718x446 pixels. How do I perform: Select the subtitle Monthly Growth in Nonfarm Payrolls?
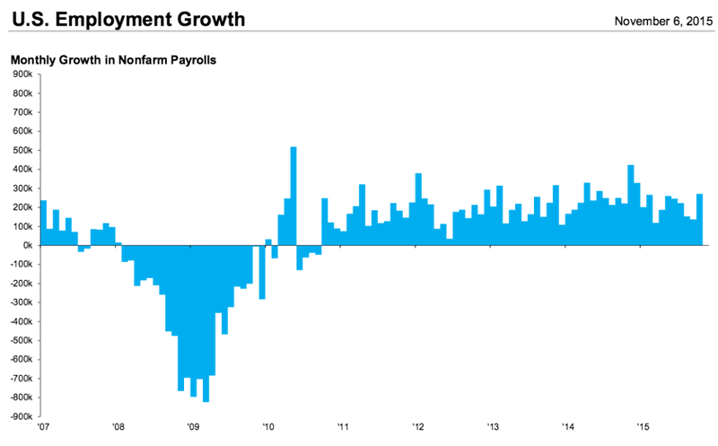point(115,60)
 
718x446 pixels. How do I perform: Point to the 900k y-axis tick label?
point(22,74)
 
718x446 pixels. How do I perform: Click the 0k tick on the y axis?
point(26,245)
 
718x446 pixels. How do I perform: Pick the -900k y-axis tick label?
point(20,416)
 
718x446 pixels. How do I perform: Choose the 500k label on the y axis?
point(22,150)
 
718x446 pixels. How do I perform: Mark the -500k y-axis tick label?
point(20,340)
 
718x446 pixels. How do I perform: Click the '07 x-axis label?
point(43,428)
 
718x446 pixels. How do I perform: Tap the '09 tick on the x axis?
point(193,428)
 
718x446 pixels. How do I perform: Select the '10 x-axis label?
point(267,428)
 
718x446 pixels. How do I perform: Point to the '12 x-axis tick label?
point(417,428)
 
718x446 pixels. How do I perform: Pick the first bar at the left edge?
point(43,223)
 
